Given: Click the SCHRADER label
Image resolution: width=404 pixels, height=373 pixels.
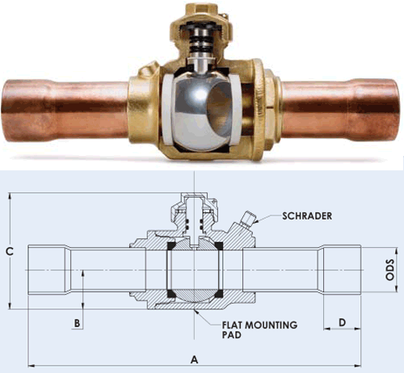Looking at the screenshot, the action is click(307, 216).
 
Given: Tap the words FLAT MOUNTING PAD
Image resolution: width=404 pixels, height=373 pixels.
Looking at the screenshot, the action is click(259, 329).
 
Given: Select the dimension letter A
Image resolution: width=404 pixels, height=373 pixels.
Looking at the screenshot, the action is click(194, 359).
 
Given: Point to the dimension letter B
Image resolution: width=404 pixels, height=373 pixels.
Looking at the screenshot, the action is click(77, 323).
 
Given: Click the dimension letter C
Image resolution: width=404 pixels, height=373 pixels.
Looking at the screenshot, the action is click(10, 251).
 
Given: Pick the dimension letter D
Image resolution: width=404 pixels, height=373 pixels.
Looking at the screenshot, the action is click(342, 322).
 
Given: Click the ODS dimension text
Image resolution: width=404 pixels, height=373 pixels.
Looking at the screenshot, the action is click(389, 270).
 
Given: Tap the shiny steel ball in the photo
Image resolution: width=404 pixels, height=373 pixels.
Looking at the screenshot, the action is click(201, 111).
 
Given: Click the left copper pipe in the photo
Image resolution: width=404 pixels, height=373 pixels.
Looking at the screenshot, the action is click(65, 111).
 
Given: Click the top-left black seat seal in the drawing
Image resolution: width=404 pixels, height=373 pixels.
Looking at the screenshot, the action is click(171, 245).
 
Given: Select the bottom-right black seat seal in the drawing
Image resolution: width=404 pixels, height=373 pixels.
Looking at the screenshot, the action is click(218, 294).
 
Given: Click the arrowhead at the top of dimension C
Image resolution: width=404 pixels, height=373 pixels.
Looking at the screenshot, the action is click(10, 196).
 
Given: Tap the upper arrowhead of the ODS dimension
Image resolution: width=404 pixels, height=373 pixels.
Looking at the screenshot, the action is click(396, 251).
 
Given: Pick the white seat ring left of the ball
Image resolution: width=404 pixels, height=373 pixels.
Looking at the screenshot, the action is click(166, 110).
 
